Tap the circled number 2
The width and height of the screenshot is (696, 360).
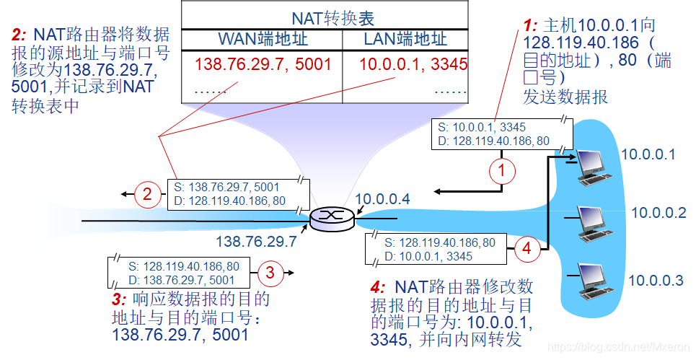coord(146,193)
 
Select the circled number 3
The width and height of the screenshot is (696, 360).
coord(270,272)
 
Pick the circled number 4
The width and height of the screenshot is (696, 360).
coord(527,249)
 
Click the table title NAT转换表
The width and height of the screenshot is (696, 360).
coord(333,17)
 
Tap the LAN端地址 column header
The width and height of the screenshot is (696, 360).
coord(405,39)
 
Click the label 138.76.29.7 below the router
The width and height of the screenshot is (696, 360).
coord(256,242)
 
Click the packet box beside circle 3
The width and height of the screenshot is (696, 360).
coord(183,272)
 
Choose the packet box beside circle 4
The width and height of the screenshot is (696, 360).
coord(441,249)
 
